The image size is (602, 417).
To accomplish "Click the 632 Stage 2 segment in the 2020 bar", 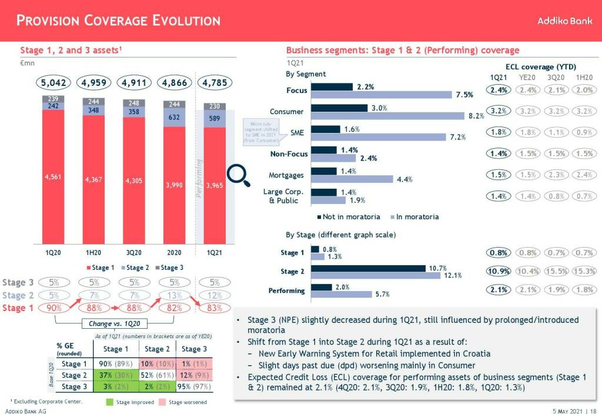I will pos(175,118).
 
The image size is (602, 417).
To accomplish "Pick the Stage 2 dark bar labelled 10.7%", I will pos(368,268).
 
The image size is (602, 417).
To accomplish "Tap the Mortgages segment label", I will pos(286,175).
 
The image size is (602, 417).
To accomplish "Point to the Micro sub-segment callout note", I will pos(261,133).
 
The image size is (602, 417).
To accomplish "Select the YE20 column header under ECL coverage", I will pos(527,78).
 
